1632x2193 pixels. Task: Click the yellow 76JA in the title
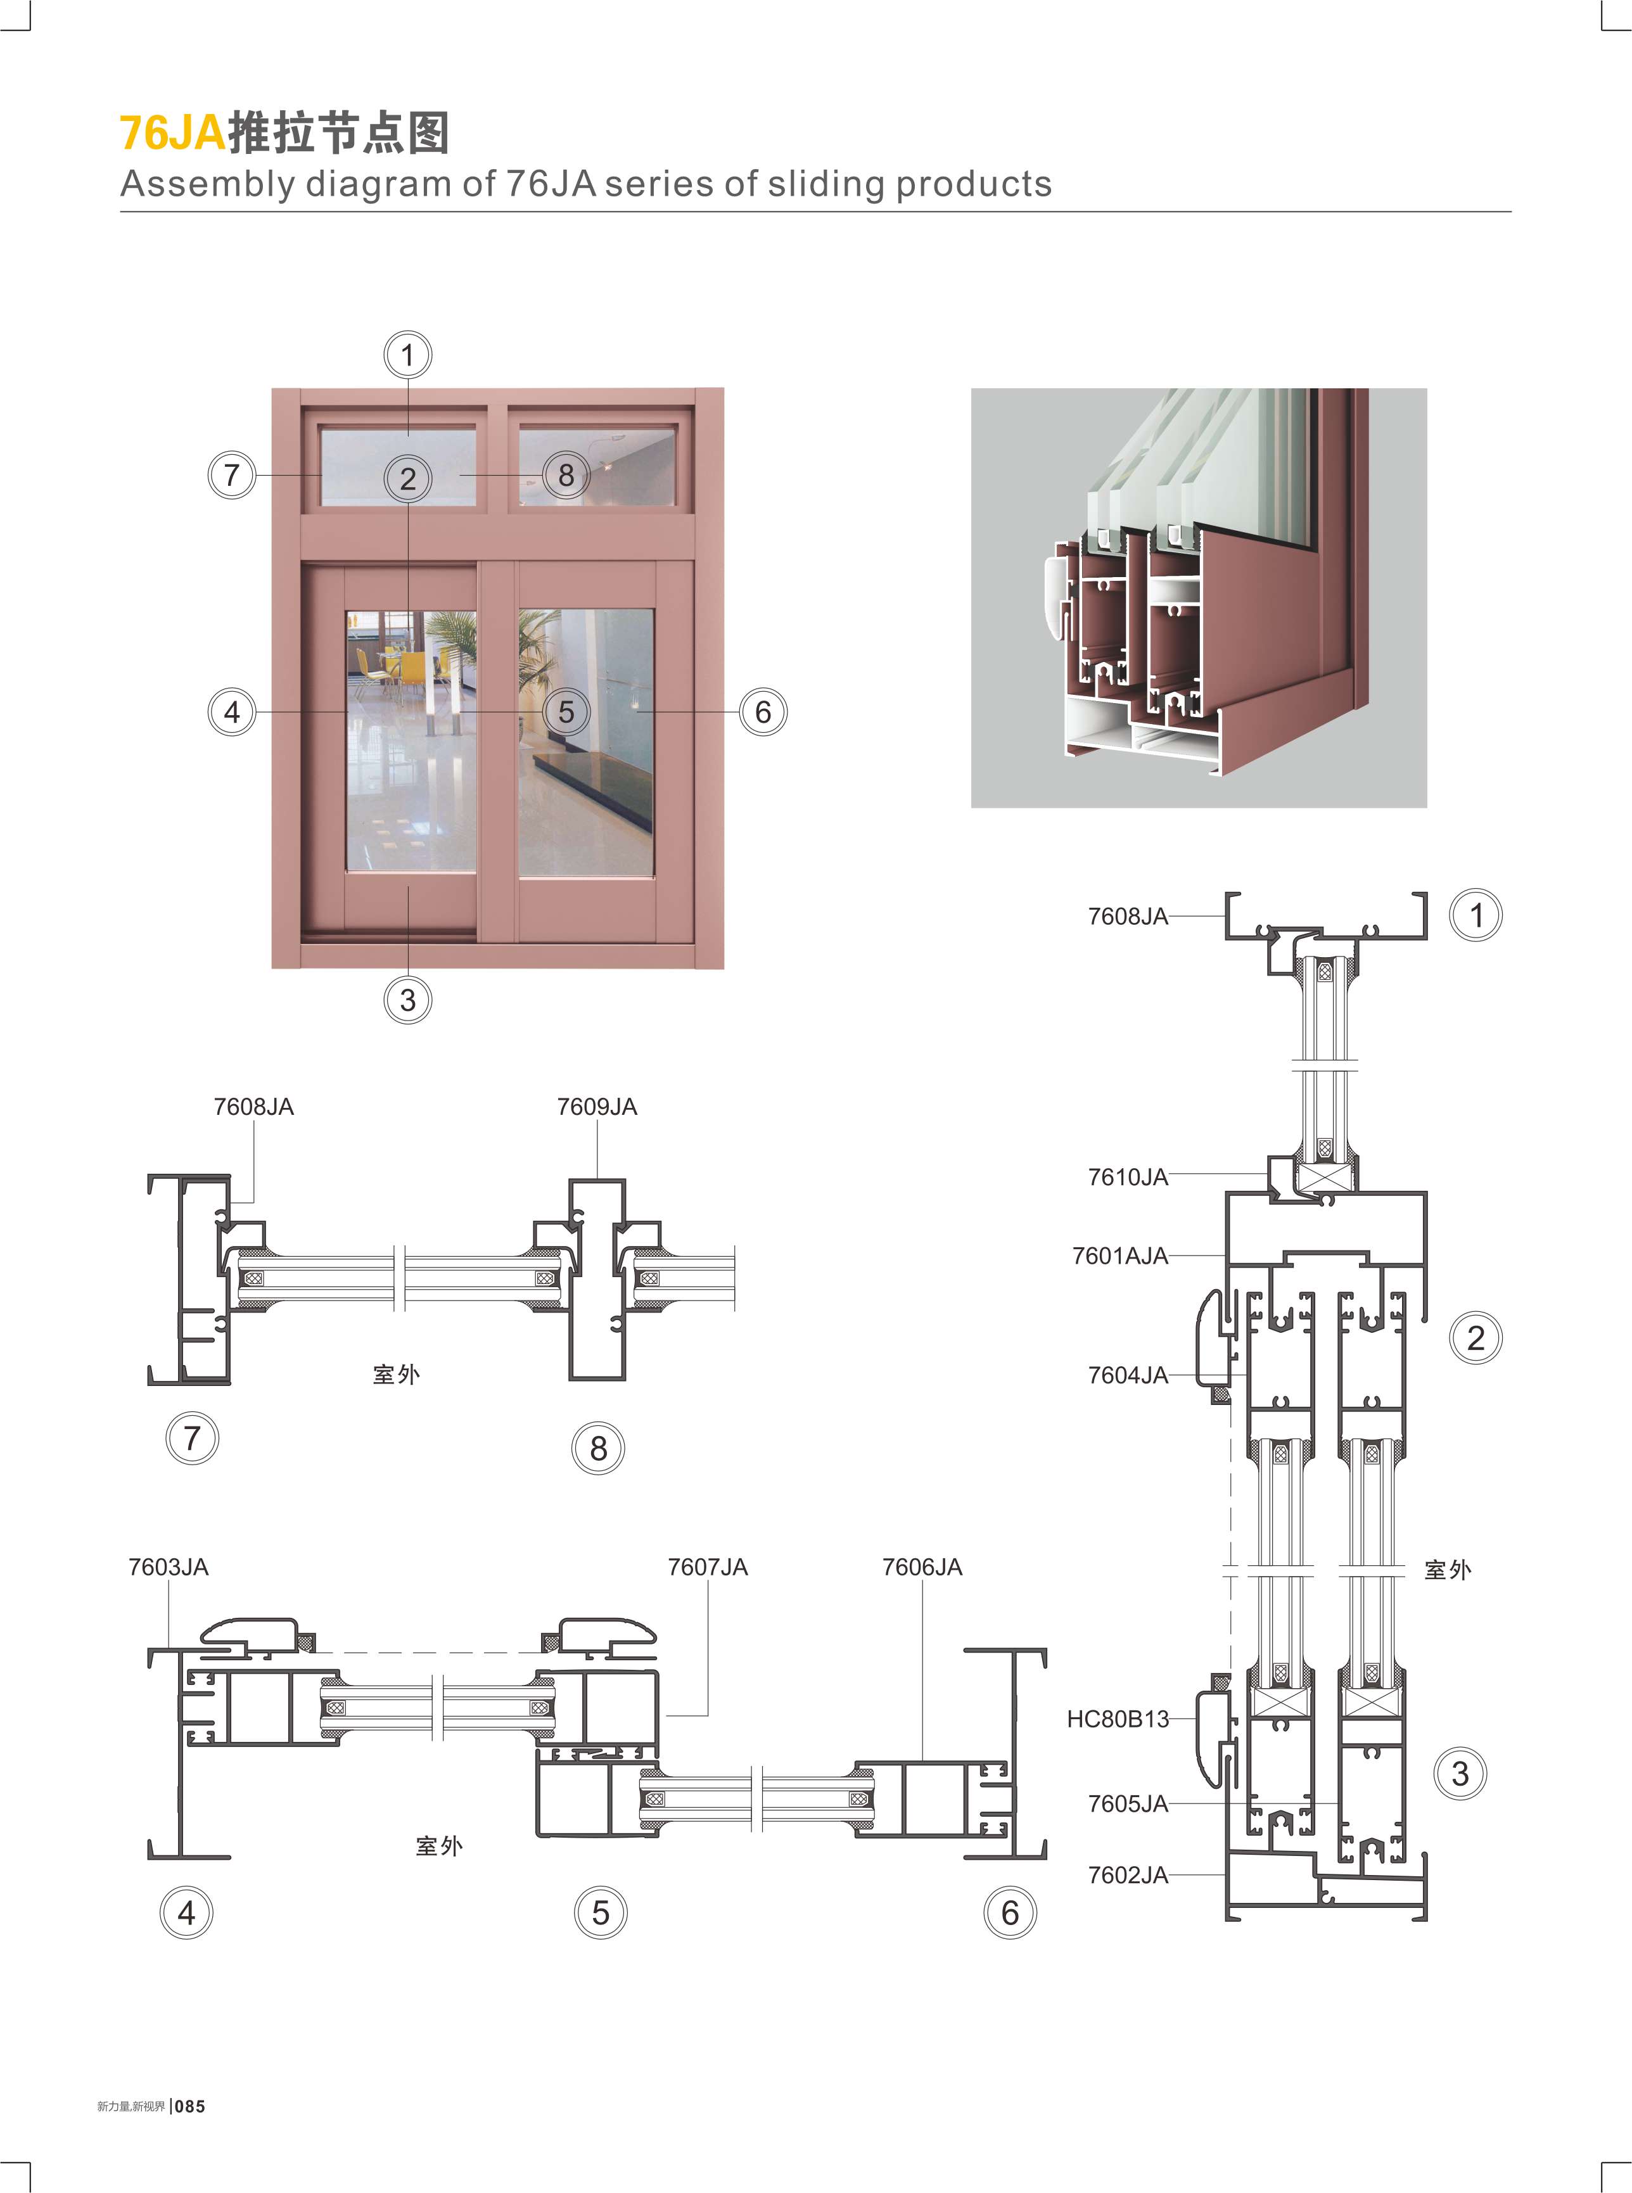point(173,132)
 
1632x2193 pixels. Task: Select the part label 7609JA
point(597,1107)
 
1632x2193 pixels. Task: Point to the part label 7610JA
point(1127,1176)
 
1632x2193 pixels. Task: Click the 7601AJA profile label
point(1119,1255)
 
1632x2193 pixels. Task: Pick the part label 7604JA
point(1127,1375)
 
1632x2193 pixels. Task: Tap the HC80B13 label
point(1118,1719)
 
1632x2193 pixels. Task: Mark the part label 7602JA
point(1127,1875)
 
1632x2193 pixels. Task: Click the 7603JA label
point(168,1567)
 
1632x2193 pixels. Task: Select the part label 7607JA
point(707,1567)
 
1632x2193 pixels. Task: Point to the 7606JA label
point(922,1567)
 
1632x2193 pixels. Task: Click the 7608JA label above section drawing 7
point(254,1107)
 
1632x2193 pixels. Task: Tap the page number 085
point(189,2106)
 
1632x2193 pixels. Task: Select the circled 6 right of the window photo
point(763,711)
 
